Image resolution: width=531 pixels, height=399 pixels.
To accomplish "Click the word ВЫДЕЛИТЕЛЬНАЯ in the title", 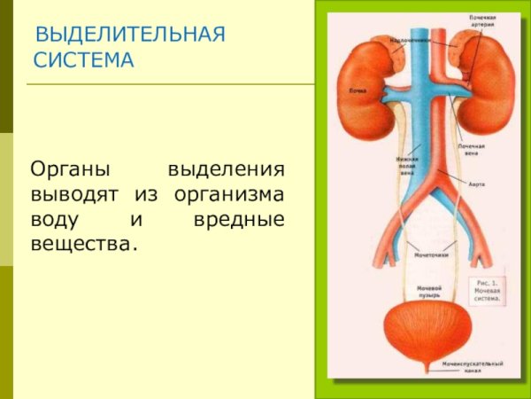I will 129,35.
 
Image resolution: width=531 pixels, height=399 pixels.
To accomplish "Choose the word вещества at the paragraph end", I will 84,242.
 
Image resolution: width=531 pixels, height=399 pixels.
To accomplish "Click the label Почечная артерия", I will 483,21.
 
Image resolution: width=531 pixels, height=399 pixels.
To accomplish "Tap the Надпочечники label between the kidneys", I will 411,40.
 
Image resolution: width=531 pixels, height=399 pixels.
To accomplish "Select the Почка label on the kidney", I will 358,90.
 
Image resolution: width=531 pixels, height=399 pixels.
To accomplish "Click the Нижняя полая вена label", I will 406,166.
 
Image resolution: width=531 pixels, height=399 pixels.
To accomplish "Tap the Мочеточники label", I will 431,254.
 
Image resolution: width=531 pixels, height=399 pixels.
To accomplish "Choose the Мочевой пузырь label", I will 429,292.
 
